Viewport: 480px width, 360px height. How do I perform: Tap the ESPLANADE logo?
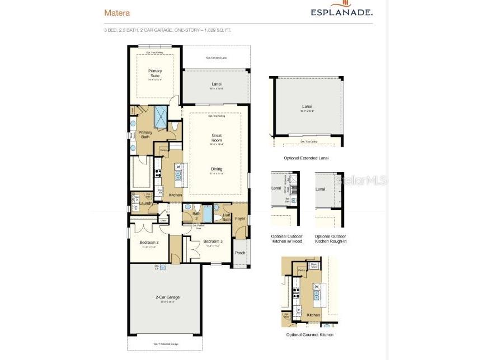click(342, 11)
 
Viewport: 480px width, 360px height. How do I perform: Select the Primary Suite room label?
click(154, 73)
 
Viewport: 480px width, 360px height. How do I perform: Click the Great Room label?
click(217, 136)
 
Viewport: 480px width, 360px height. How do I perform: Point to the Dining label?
click(217, 169)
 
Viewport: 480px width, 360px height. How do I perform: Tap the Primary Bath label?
click(145, 135)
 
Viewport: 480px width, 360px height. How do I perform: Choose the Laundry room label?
click(146, 203)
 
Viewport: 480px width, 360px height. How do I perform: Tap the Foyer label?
click(240, 219)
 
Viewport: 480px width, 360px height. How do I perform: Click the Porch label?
click(240, 253)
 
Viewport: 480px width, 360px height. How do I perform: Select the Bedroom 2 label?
click(149, 242)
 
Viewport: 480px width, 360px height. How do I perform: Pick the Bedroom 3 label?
click(213, 241)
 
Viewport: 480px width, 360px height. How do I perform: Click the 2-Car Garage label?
click(167, 297)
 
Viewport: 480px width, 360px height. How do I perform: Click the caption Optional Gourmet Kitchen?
click(309, 334)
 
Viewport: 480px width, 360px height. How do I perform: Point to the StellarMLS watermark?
click(366, 181)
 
